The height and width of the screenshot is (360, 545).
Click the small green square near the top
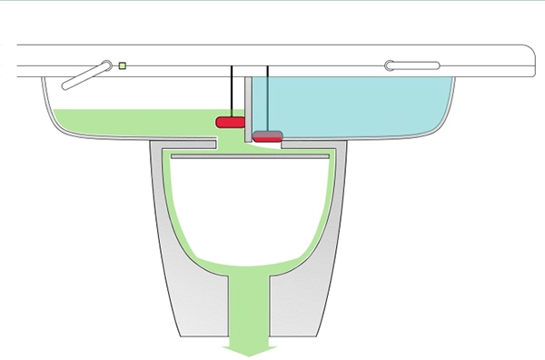(x=123, y=65)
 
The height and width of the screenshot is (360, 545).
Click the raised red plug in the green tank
(x=230, y=121)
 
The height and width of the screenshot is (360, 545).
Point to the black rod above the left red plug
(x=232, y=91)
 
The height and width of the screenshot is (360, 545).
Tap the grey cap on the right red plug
(x=267, y=134)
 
